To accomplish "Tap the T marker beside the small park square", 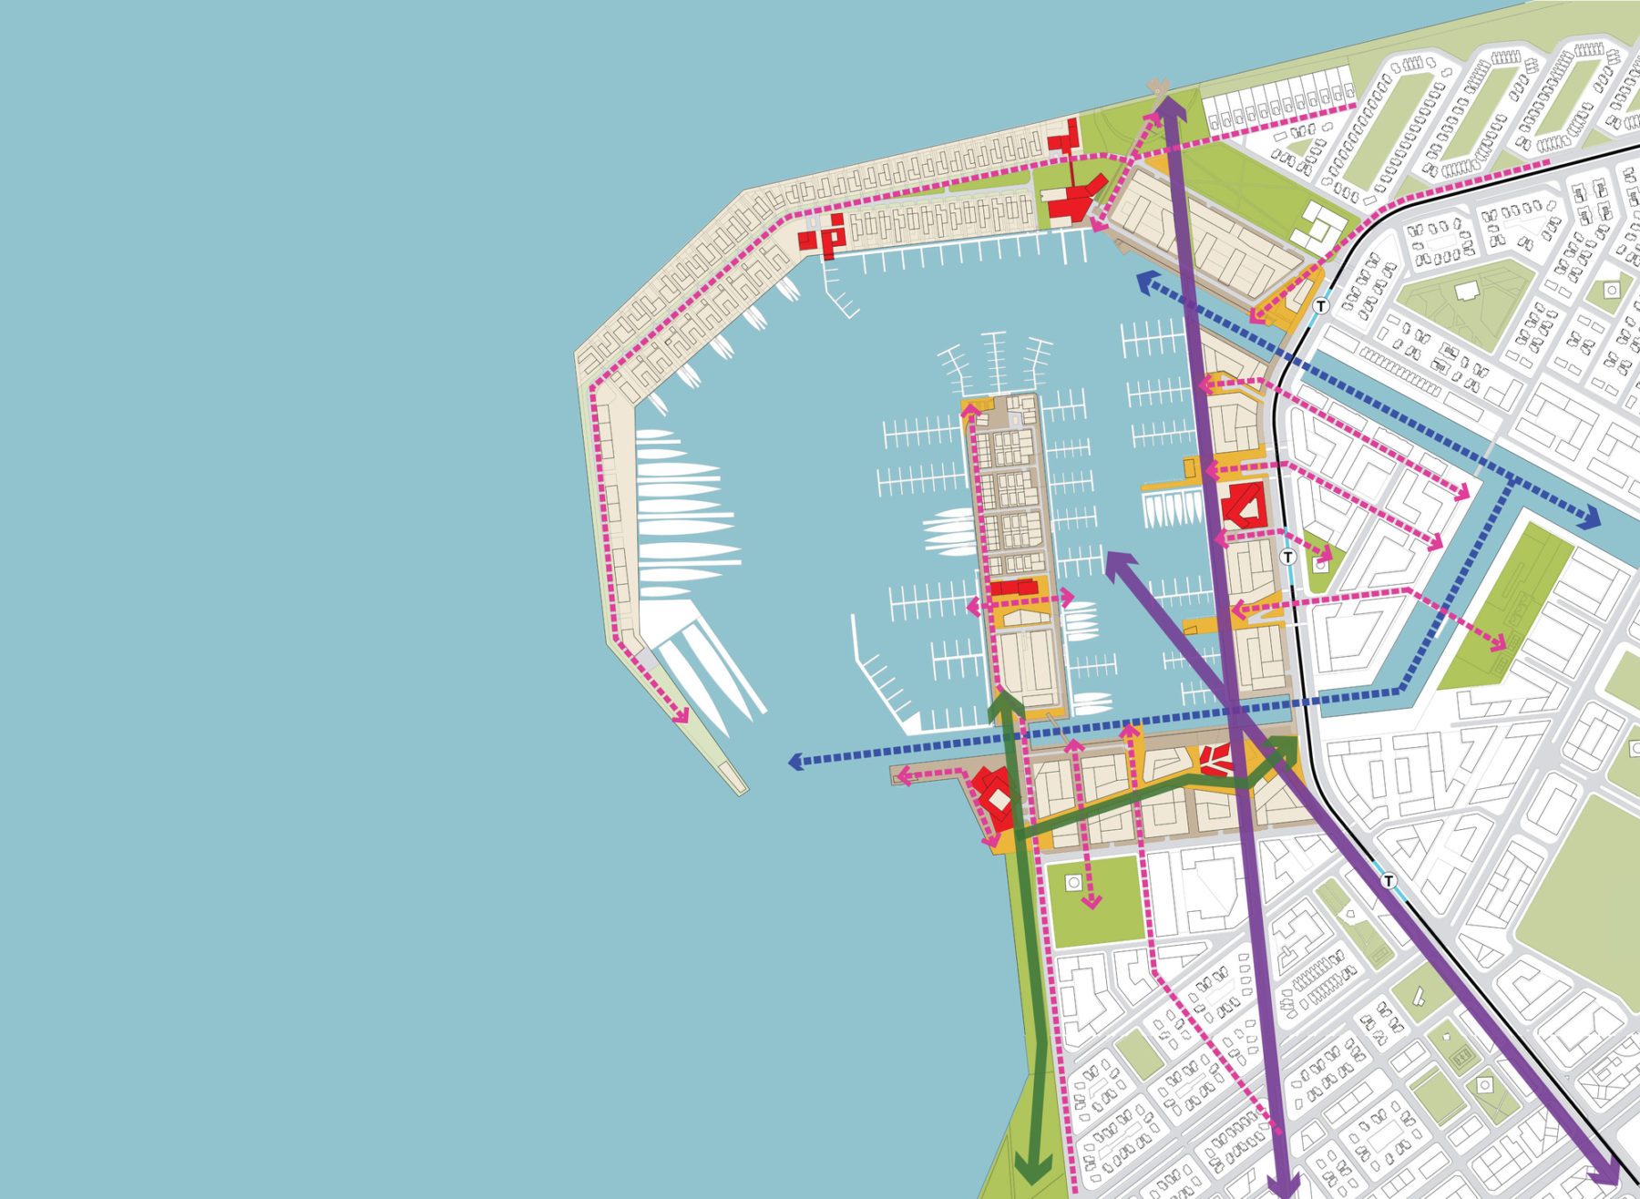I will pos(1287,557).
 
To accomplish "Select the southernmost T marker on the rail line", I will pos(1388,881).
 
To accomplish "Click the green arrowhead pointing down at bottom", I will pos(1033,1170).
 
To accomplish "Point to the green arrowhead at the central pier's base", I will pos(1005,706).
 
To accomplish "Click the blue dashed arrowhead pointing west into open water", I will pos(796,761).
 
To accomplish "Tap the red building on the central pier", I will pos(1014,588).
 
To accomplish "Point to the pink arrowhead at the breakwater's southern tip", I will pos(680,715).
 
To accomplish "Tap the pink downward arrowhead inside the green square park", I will pos(1091,901).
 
